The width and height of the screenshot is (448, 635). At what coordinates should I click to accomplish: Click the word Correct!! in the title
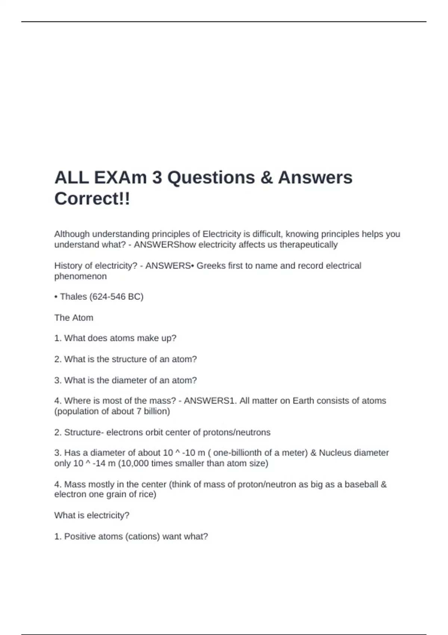[x=92, y=198]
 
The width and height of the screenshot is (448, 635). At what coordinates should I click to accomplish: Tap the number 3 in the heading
[x=157, y=177]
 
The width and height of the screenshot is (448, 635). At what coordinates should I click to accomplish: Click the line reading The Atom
[x=74, y=317]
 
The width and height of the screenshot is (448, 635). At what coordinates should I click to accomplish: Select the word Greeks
[x=211, y=266]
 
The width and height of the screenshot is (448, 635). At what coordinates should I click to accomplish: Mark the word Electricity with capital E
[x=222, y=234]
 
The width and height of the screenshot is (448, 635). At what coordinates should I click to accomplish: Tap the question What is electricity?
[x=92, y=515]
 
